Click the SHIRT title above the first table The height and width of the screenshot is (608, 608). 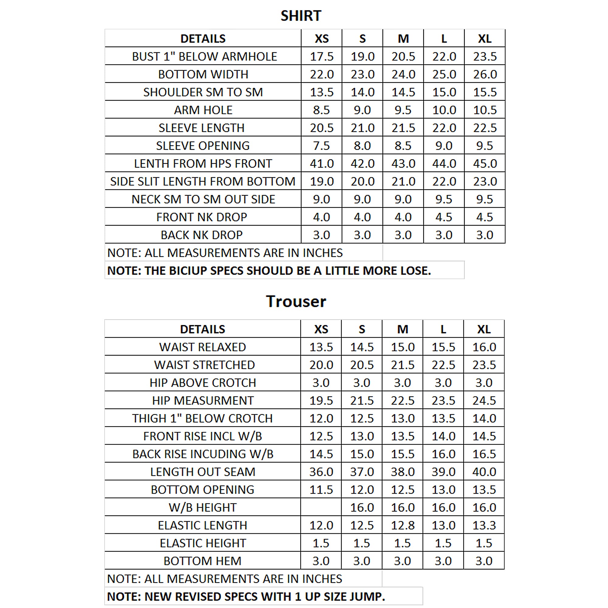coord(301,16)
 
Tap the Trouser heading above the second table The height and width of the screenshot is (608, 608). coord(296,302)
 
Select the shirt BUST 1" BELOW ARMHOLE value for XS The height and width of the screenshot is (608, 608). coord(321,56)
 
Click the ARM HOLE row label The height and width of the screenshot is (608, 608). coord(203,110)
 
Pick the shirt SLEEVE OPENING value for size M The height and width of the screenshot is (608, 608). coord(403,146)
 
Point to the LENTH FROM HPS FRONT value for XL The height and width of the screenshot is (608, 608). coord(485,164)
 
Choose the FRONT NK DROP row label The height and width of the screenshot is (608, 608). coord(202,217)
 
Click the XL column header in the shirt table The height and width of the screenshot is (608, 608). coord(485,39)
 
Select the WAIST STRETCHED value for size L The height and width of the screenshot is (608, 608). coord(443,365)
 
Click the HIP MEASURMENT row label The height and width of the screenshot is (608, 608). coord(203,401)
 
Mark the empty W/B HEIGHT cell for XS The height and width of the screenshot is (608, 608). coord(321,507)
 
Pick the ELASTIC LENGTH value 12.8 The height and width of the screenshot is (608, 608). coord(402,525)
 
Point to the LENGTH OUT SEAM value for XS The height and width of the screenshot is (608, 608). coord(321,472)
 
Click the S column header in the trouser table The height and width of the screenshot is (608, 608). coord(361,329)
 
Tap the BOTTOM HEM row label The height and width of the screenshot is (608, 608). coord(202,561)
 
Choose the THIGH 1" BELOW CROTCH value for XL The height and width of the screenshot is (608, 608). coord(484,418)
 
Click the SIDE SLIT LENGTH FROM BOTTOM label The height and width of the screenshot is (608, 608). coord(203,181)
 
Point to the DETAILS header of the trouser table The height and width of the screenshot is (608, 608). coord(202,329)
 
